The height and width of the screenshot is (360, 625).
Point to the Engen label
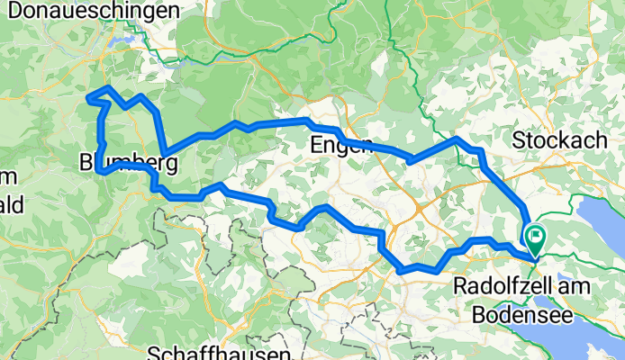340,145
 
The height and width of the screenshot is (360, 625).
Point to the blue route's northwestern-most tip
87,96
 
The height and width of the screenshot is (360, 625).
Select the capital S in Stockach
519,140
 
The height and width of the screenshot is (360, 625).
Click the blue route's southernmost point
401,269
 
